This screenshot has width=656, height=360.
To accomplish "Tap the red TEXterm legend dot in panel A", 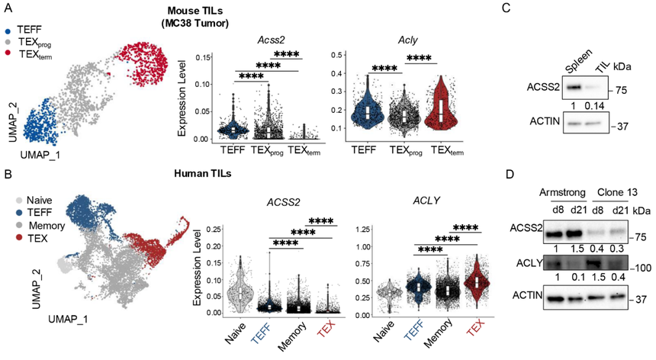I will coord(7,53).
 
